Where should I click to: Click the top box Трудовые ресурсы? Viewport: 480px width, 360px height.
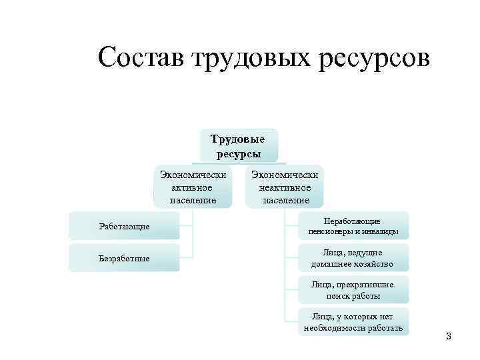click(x=238, y=146)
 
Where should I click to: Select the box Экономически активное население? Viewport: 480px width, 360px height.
click(x=193, y=187)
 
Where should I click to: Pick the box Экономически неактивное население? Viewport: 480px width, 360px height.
click(x=285, y=187)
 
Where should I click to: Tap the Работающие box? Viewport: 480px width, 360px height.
click(x=125, y=227)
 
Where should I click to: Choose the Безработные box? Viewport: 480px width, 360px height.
click(x=125, y=258)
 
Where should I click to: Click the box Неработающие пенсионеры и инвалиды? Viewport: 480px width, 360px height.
click(x=353, y=227)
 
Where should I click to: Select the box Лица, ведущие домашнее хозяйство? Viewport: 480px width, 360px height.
click(x=353, y=258)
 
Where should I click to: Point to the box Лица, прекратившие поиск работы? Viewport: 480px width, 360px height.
click(x=353, y=290)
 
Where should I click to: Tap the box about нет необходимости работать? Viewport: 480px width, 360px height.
click(x=353, y=322)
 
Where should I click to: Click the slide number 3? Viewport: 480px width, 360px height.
click(x=449, y=337)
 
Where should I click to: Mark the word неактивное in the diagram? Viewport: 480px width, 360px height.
click(x=285, y=187)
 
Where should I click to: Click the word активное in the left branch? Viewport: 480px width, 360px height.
click(x=193, y=187)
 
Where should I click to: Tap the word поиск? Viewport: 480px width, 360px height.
click(x=338, y=295)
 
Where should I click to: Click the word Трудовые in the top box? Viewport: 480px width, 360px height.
click(x=238, y=139)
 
